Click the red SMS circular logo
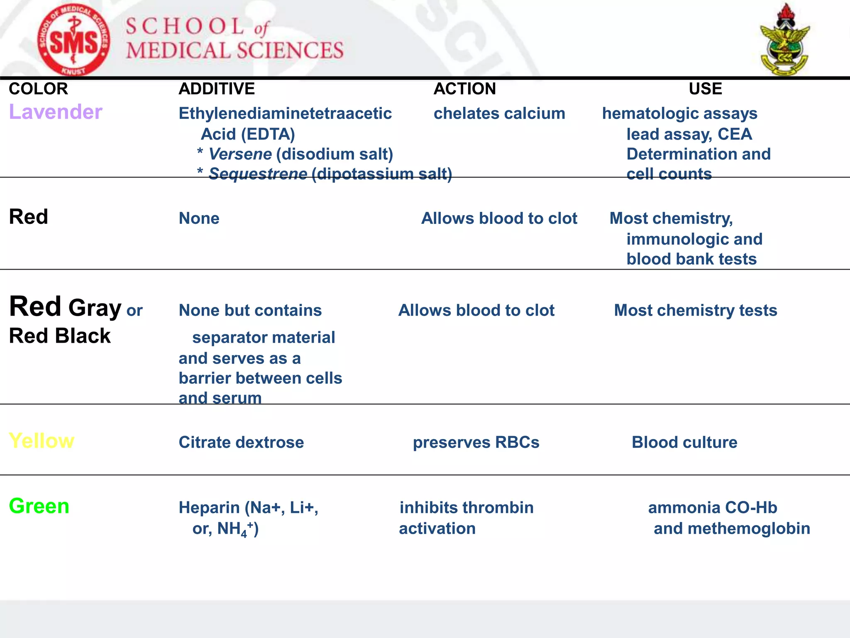[73, 41]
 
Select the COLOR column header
[38, 89]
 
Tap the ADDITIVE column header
[217, 89]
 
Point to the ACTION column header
[464, 89]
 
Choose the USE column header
[705, 89]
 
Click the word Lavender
[56, 112]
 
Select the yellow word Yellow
[42, 441]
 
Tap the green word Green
[39, 506]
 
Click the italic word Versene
[240, 154]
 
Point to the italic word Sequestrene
[258, 174]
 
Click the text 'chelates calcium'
[499, 113]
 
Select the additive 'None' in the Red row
[199, 218]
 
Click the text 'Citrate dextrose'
[241, 442]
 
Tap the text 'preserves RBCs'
[476, 442]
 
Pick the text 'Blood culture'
[684, 442]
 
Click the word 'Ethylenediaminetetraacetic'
[285, 113]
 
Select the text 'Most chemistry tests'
[695, 310]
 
